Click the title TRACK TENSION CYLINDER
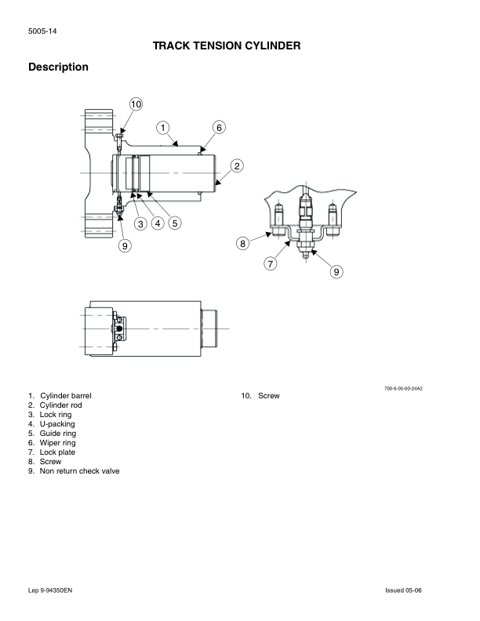pos(227,47)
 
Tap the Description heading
pos(58,67)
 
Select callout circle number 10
pos(136,104)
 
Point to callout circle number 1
pos(163,127)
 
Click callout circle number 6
pos(219,127)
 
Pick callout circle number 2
pos(237,165)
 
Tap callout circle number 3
pos(140,223)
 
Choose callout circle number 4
pos(158,223)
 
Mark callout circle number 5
pos(174,223)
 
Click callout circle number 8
pos(243,243)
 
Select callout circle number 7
pos(271,263)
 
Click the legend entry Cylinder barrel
pos(65,396)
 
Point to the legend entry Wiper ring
pos(57,443)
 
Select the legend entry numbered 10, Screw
pos(260,396)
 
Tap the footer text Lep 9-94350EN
pos(49,589)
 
